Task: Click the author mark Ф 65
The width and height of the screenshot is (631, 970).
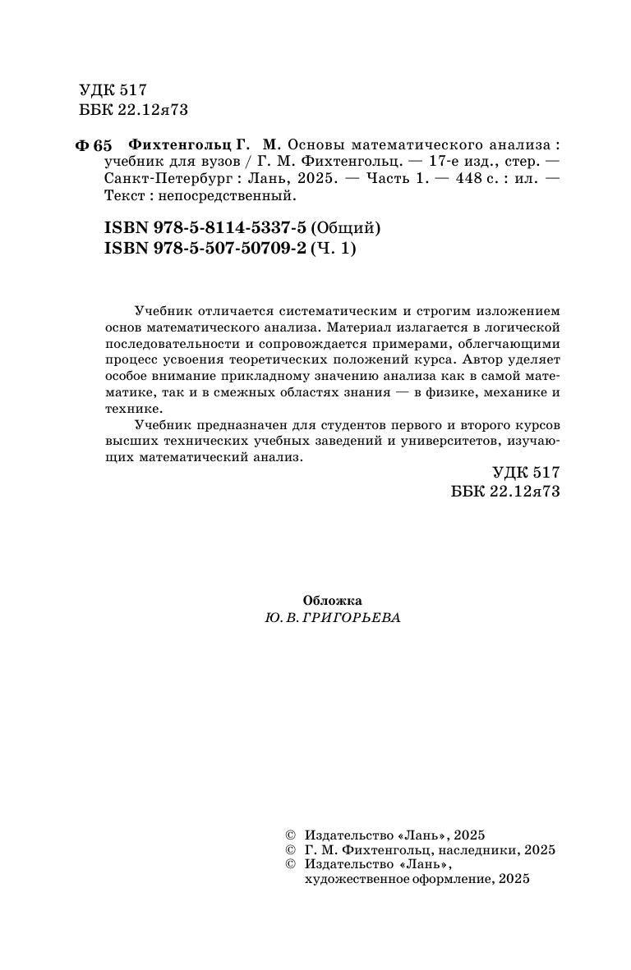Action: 93,146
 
